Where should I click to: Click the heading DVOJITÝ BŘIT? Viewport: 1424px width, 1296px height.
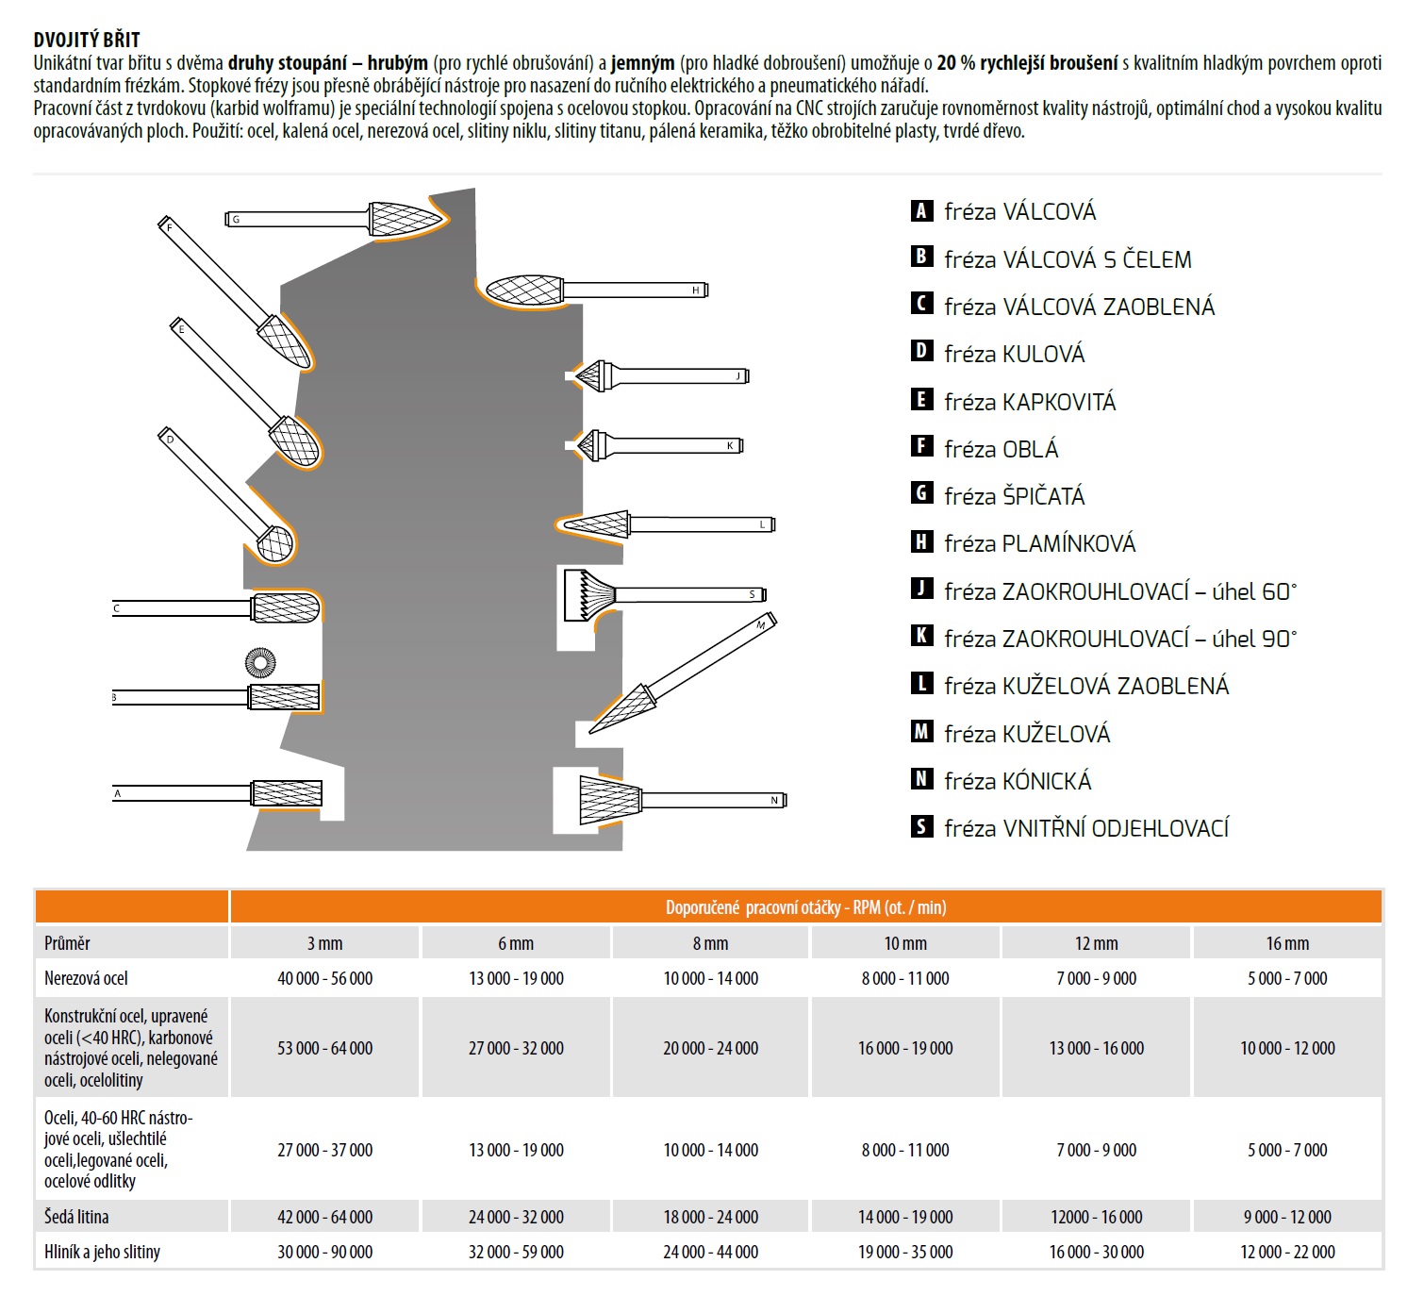(x=87, y=40)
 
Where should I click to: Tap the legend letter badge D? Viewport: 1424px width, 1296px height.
(x=921, y=352)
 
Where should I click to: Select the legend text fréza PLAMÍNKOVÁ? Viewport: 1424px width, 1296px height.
(x=1039, y=543)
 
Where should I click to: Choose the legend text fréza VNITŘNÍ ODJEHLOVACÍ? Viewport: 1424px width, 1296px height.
(x=1086, y=828)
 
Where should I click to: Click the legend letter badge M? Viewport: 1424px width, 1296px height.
(x=921, y=732)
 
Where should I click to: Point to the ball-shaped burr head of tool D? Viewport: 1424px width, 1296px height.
(x=275, y=542)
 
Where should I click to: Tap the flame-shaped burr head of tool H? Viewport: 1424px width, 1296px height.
(x=524, y=290)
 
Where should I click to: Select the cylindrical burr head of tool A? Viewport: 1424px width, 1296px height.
(x=287, y=793)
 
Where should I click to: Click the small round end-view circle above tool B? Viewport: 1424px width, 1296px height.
(x=260, y=663)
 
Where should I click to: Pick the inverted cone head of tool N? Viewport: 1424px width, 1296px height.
(x=609, y=800)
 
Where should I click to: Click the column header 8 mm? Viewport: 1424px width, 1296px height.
(x=710, y=943)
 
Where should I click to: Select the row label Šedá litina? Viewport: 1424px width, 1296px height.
(x=76, y=1217)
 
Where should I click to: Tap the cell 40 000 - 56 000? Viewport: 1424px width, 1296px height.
(x=324, y=978)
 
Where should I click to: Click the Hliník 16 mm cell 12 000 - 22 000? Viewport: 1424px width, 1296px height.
(x=1287, y=1252)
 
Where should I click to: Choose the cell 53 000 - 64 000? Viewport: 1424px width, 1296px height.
(x=324, y=1048)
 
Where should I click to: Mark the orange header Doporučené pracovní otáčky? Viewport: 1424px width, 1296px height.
(x=805, y=907)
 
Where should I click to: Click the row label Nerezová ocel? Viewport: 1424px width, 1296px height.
(x=86, y=978)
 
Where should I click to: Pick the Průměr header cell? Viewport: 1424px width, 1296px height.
(x=68, y=943)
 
